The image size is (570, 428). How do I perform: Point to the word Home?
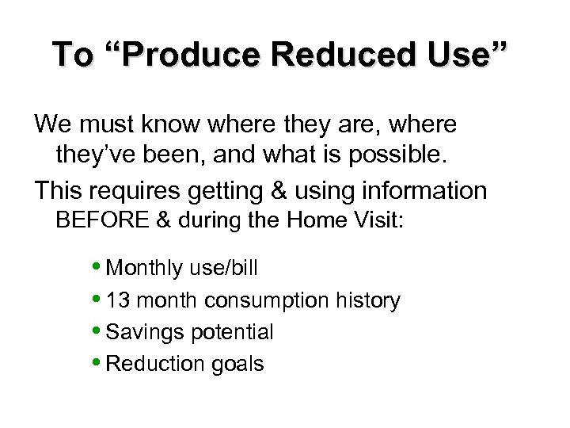pos(317,221)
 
